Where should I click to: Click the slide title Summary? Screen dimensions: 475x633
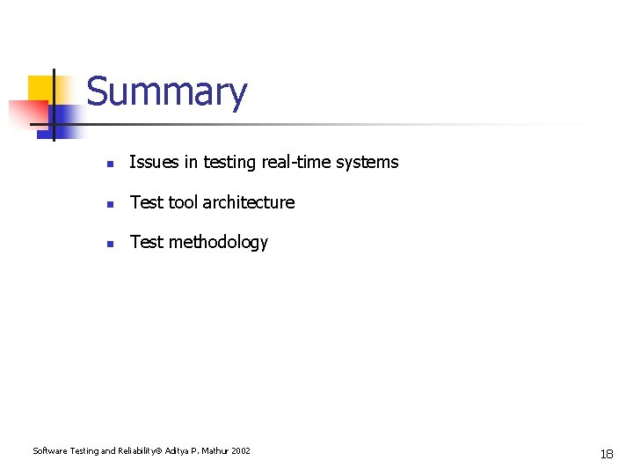(167, 92)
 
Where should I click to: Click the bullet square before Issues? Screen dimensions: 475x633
(108, 164)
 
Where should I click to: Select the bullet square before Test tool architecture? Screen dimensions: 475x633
(108, 204)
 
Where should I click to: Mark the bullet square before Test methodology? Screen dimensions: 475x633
(108, 244)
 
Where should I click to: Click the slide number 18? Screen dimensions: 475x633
(607, 454)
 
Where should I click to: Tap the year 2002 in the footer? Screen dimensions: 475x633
(241, 451)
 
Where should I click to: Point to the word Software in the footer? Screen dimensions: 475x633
(48, 451)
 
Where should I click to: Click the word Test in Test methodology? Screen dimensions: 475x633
(147, 243)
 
